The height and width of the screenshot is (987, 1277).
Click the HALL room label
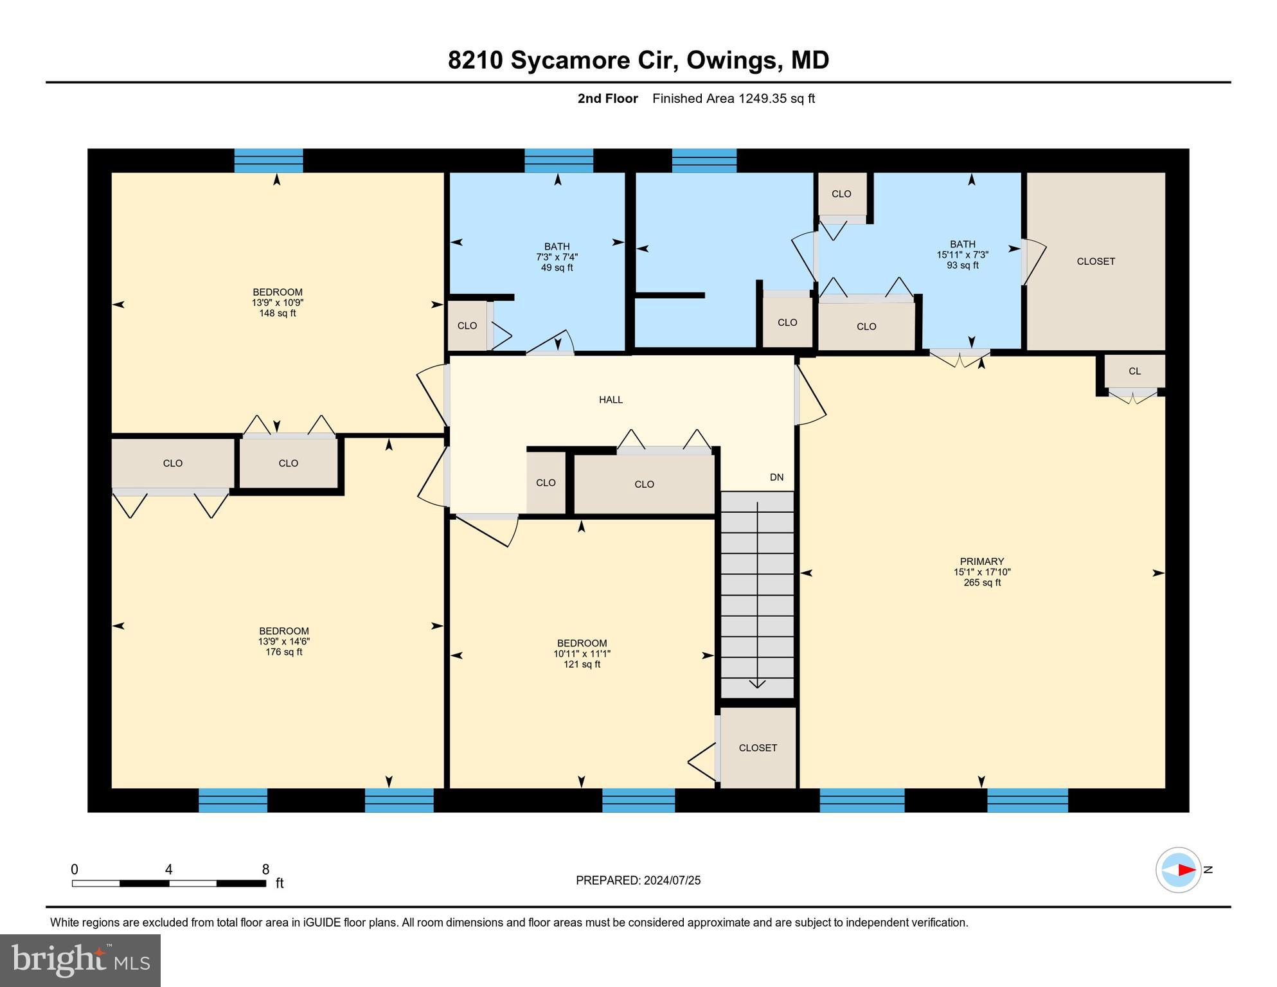[611, 400]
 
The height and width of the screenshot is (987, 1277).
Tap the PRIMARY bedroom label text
[981, 561]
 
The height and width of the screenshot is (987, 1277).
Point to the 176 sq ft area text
[283, 652]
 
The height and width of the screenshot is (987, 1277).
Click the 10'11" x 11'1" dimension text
[582, 654]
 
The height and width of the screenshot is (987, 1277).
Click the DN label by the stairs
[776, 477]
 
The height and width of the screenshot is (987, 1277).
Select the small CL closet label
[1134, 371]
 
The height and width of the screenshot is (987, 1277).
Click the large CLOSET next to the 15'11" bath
[1095, 262]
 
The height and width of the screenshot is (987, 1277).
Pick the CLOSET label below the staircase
[758, 748]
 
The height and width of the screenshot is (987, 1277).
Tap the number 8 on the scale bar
[265, 869]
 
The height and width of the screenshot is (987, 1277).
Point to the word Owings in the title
[732, 60]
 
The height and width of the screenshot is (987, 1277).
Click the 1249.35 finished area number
[762, 98]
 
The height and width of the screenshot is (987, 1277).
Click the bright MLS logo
[80, 961]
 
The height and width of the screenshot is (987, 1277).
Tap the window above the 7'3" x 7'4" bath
[558, 161]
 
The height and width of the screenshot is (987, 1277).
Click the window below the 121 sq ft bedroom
[638, 801]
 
